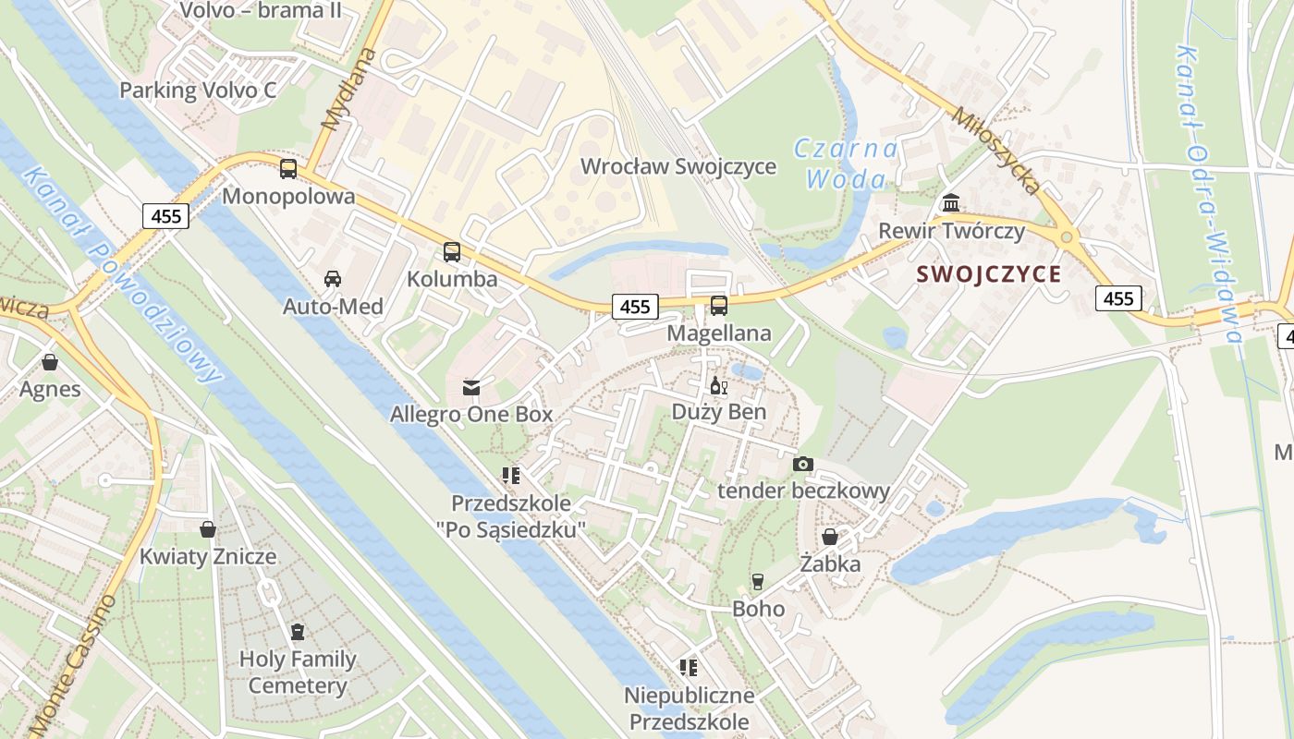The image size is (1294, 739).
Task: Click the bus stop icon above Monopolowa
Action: pyautogui.click(x=288, y=169)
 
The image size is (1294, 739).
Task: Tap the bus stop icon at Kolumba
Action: pyautogui.click(x=452, y=251)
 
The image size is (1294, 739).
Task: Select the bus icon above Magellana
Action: pyautogui.click(x=719, y=306)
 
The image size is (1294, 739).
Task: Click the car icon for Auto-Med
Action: pyautogui.click(x=332, y=279)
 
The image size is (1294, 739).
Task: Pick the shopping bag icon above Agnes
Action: pyautogui.click(x=50, y=362)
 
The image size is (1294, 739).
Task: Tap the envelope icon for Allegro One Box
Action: pyautogui.click(x=471, y=387)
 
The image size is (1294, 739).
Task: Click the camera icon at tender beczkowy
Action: pyautogui.click(x=803, y=464)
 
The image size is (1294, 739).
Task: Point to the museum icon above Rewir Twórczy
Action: pyautogui.click(x=951, y=203)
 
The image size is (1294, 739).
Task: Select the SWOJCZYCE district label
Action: pyautogui.click(x=988, y=274)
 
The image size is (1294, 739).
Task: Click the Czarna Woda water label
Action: pyautogui.click(x=845, y=164)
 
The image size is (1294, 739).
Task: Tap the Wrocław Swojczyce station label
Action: pyautogui.click(x=678, y=167)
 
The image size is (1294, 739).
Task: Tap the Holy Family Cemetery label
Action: pyautogui.click(x=297, y=672)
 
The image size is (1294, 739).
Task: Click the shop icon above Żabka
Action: pyautogui.click(x=830, y=537)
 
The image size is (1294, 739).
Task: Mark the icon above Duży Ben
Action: pyautogui.click(x=718, y=386)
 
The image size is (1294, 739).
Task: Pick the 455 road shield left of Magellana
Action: pyautogui.click(x=634, y=307)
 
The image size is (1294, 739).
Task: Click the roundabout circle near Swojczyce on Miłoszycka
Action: pyautogui.click(x=1068, y=237)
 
